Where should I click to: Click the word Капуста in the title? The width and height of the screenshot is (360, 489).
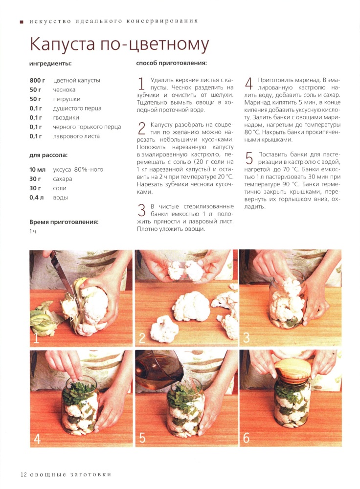point(62,44)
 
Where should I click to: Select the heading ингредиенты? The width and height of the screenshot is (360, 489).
point(50,64)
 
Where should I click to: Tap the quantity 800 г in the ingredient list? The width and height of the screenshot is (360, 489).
point(37,81)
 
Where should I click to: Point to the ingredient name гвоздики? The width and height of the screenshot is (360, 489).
point(66,117)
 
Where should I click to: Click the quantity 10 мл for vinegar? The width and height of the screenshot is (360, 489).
point(38,170)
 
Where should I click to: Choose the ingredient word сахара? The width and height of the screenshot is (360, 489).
point(63,179)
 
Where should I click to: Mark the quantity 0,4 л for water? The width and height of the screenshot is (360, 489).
point(37,198)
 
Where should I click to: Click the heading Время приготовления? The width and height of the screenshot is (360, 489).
point(64,222)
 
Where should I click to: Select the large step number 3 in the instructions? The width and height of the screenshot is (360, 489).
point(142,210)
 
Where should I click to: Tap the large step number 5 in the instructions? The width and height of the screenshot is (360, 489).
point(249,158)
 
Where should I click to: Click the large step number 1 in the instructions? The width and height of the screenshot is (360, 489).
point(141,84)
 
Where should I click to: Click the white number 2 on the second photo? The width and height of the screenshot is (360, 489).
point(142,338)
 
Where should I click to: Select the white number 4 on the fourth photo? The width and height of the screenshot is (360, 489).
point(37,439)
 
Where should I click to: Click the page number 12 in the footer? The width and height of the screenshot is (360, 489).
point(23,475)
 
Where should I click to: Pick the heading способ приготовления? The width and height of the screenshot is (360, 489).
point(171,63)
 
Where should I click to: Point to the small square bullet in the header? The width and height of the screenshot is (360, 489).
point(22,22)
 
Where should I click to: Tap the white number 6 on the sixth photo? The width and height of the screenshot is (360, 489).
point(247,438)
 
